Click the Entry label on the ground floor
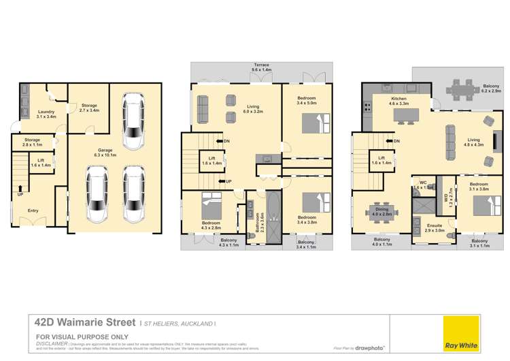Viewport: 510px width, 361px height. point(33,210)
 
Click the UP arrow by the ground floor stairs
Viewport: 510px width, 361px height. point(20,193)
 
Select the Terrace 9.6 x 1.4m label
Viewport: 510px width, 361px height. point(261,69)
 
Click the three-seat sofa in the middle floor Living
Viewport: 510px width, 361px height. point(203,108)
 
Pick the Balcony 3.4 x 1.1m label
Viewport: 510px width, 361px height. point(307,245)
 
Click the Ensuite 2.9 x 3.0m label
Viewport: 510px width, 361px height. point(435,227)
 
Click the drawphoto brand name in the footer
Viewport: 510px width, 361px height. point(371,348)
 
